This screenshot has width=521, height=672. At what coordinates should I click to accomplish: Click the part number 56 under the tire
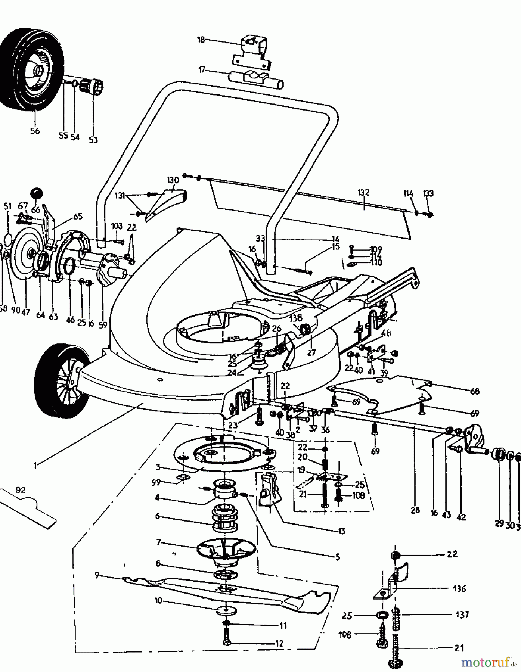(35, 131)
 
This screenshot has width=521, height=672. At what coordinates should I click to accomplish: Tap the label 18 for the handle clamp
(201, 40)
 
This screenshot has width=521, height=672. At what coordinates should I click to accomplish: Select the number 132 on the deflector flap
(363, 193)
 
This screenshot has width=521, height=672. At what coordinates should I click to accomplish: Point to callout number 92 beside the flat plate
(21, 490)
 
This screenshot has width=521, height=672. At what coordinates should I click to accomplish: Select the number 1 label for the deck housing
(35, 465)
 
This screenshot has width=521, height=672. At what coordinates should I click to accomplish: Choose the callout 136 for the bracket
(459, 589)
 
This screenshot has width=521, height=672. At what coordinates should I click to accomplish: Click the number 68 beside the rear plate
(475, 391)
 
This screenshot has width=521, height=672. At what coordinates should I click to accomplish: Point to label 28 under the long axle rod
(415, 510)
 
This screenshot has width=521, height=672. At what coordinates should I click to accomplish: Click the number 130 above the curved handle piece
(173, 180)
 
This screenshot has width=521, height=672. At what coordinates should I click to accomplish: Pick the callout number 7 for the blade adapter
(158, 542)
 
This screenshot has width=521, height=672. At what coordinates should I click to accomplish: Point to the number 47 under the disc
(25, 312)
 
